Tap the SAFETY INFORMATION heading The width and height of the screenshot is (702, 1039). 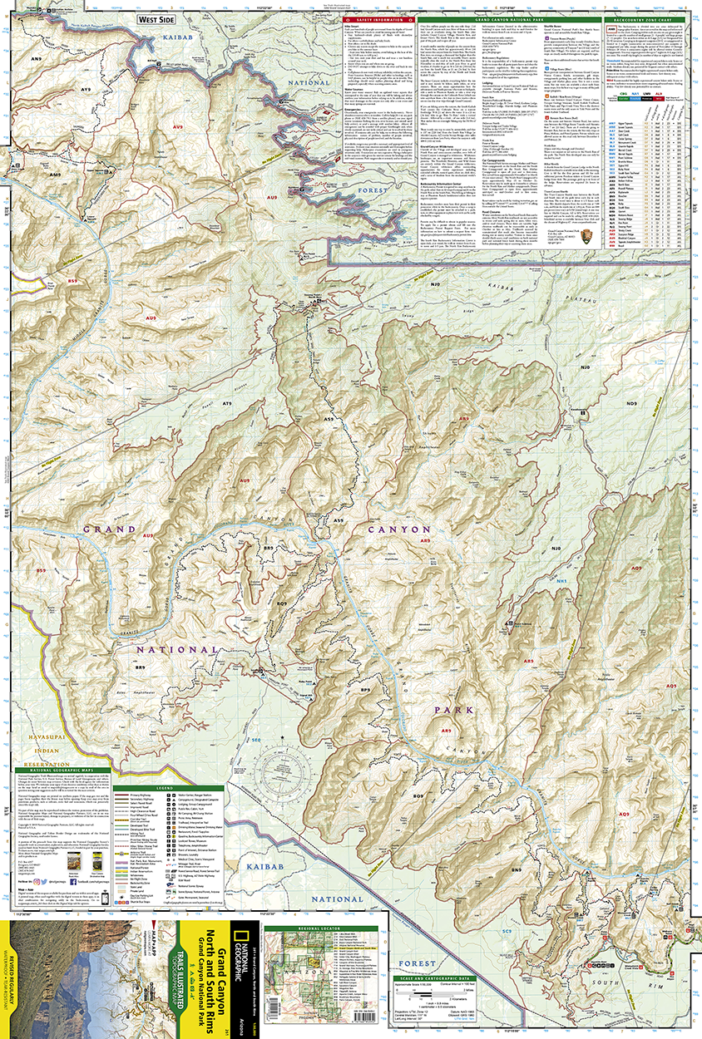(377, 19)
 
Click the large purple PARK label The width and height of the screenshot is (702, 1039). (452, 711)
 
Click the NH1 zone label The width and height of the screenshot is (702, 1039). (561, 580)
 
